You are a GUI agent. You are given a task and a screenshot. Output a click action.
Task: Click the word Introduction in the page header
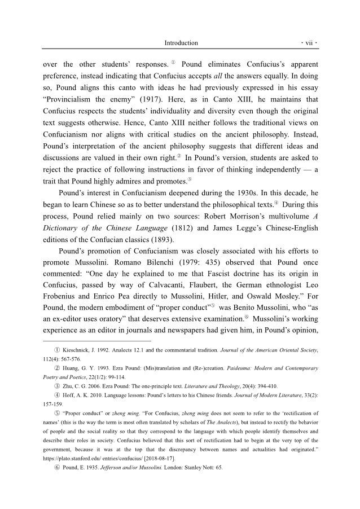click(x=181, y=43)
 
